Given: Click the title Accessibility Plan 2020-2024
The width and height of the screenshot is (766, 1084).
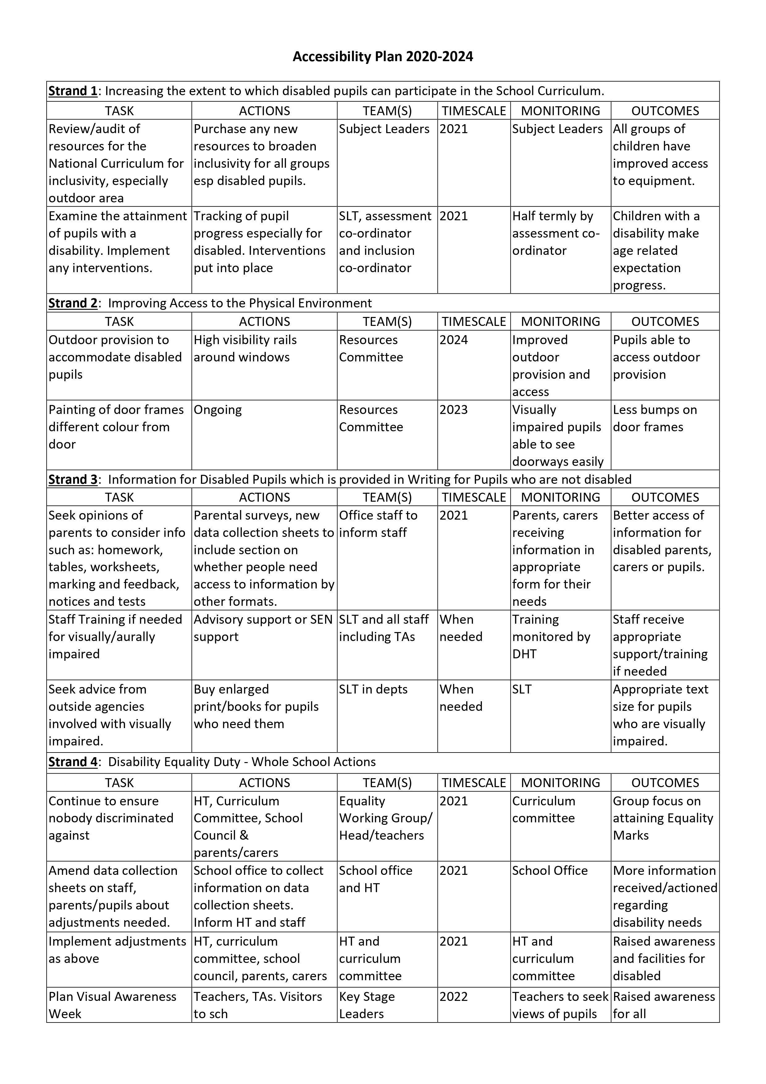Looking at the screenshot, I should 383,57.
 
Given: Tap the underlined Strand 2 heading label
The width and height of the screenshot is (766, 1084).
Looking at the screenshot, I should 73,303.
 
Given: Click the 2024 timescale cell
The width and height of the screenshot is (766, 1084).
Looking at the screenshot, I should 454,340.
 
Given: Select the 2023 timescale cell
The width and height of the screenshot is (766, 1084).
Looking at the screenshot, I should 454,410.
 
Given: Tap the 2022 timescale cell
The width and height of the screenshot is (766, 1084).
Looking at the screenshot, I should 454,996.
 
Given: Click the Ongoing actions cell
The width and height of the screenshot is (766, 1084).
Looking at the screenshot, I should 218,410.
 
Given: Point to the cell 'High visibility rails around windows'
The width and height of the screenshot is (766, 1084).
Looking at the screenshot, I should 245,348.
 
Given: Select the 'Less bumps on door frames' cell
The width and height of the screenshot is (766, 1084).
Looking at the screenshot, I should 655,418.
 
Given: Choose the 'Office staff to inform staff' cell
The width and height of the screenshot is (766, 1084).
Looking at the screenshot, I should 378,524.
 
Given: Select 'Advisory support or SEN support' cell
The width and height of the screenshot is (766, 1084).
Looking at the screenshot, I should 263,628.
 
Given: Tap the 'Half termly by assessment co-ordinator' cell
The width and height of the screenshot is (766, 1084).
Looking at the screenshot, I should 555,233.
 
